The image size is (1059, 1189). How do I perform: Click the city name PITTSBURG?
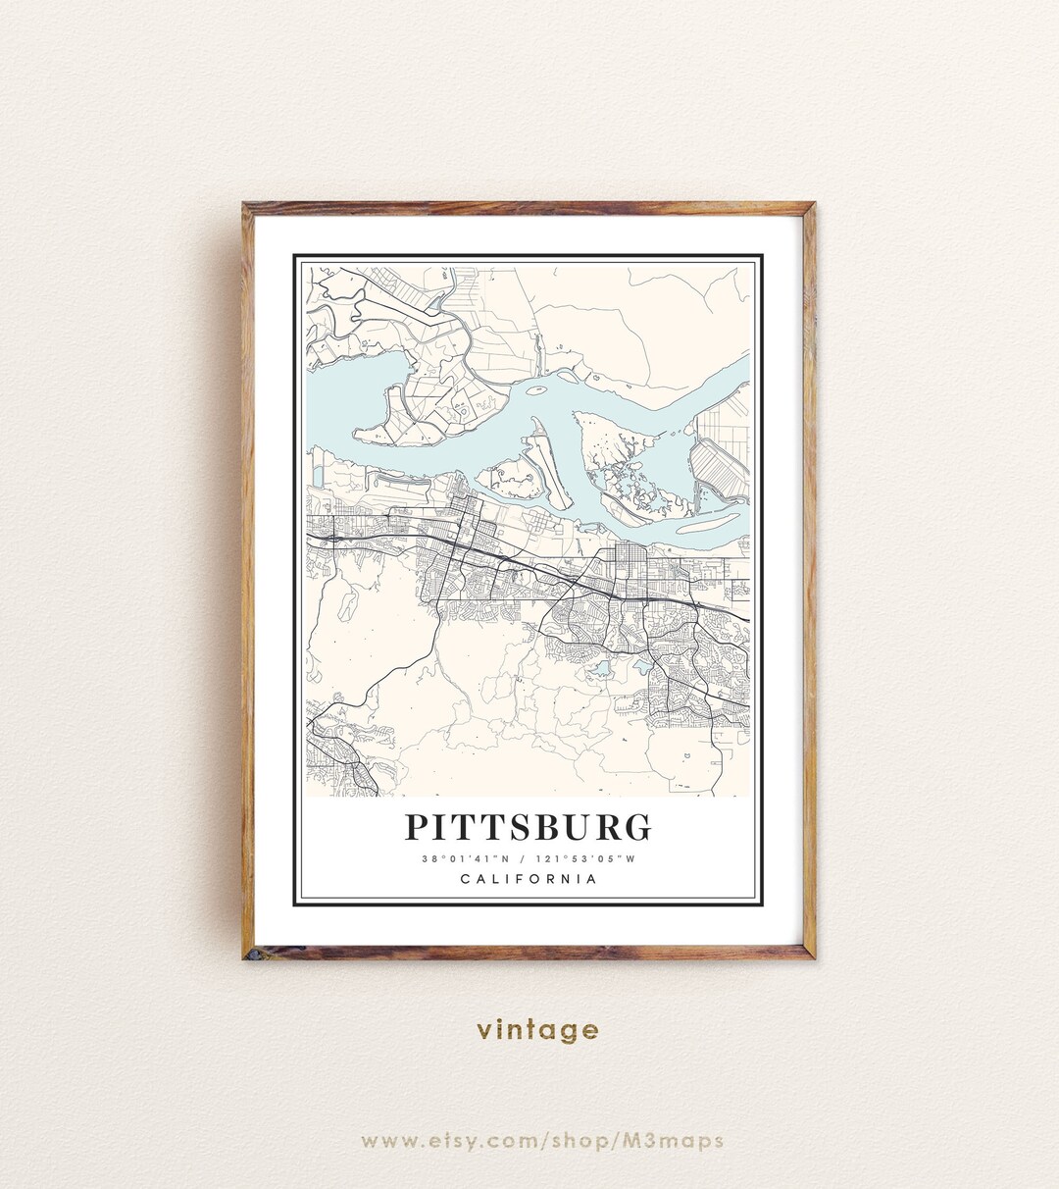coord(529,827)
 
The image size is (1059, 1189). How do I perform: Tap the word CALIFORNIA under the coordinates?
coord(529,879)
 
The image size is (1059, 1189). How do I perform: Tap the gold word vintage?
coord(537,1030)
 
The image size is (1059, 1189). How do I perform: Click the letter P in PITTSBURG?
coord(417,827)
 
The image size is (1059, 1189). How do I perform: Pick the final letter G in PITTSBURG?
coord(637,827)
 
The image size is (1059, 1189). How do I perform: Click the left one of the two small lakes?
coord(598,670)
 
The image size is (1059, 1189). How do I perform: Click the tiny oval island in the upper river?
coord(536,389)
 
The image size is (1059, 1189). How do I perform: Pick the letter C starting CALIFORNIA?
coord(465,879)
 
